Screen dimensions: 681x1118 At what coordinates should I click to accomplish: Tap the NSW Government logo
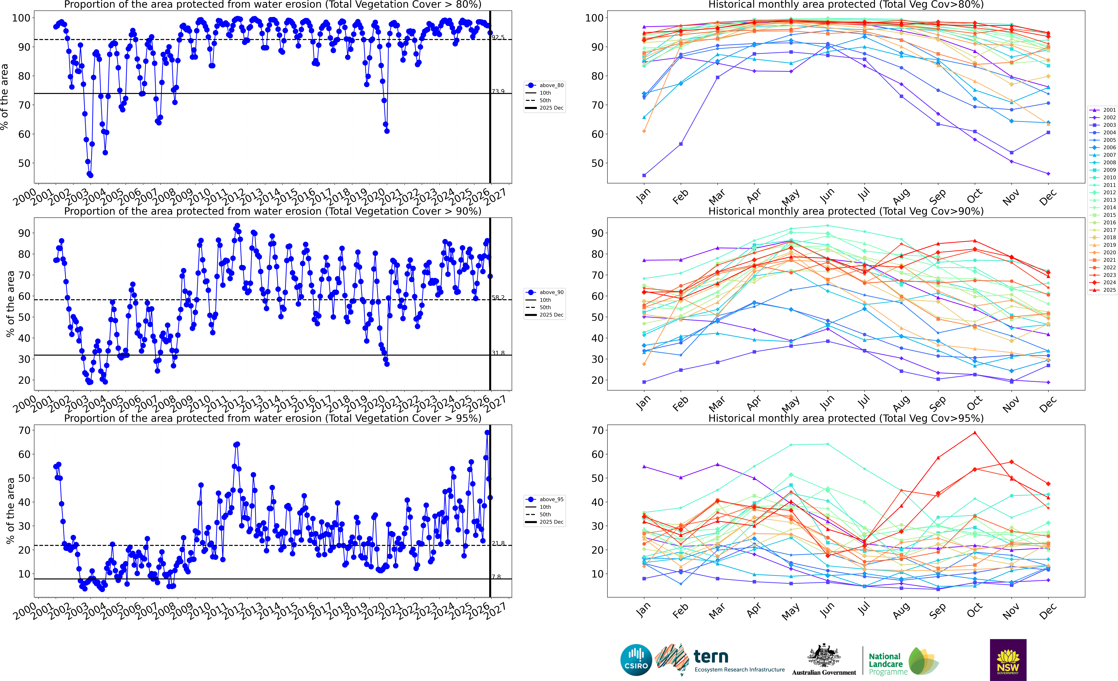[x=1008, y=660]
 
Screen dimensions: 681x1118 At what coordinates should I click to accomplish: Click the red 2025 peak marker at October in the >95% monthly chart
[x=975, y=433]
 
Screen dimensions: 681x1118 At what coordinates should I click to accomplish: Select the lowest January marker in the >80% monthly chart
[x=644, y=175]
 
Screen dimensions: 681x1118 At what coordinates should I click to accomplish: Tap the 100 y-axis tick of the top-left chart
[x=21, y=18]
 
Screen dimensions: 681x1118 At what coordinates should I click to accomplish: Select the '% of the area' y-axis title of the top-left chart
[x=5, y=97]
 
